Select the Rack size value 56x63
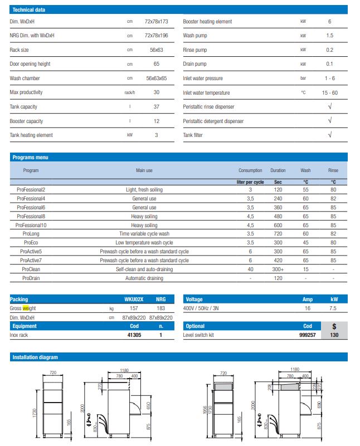[156, 50]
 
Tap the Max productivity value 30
[156, 92]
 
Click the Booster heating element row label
[207, 22]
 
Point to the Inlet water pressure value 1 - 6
[330, 79]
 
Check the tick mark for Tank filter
[330, 135]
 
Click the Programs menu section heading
[30, 158]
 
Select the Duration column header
[278, 170]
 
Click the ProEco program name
[31, 243]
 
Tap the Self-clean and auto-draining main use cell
[145, 269]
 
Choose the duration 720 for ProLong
[278, 234]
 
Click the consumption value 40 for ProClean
[250, 269]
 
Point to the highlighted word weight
[29, 308]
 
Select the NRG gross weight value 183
[160, 308]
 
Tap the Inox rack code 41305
[133, 335]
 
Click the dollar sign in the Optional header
[334, 326]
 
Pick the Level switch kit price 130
[334, 335]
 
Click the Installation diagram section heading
[35, 357]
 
